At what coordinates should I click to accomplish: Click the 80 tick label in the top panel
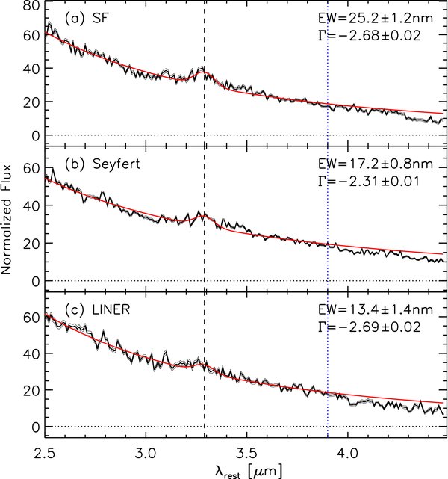tap(30, 7)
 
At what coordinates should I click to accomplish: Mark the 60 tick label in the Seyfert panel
tap(30, 170)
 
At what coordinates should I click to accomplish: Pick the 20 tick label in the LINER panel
tap(30, 389)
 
